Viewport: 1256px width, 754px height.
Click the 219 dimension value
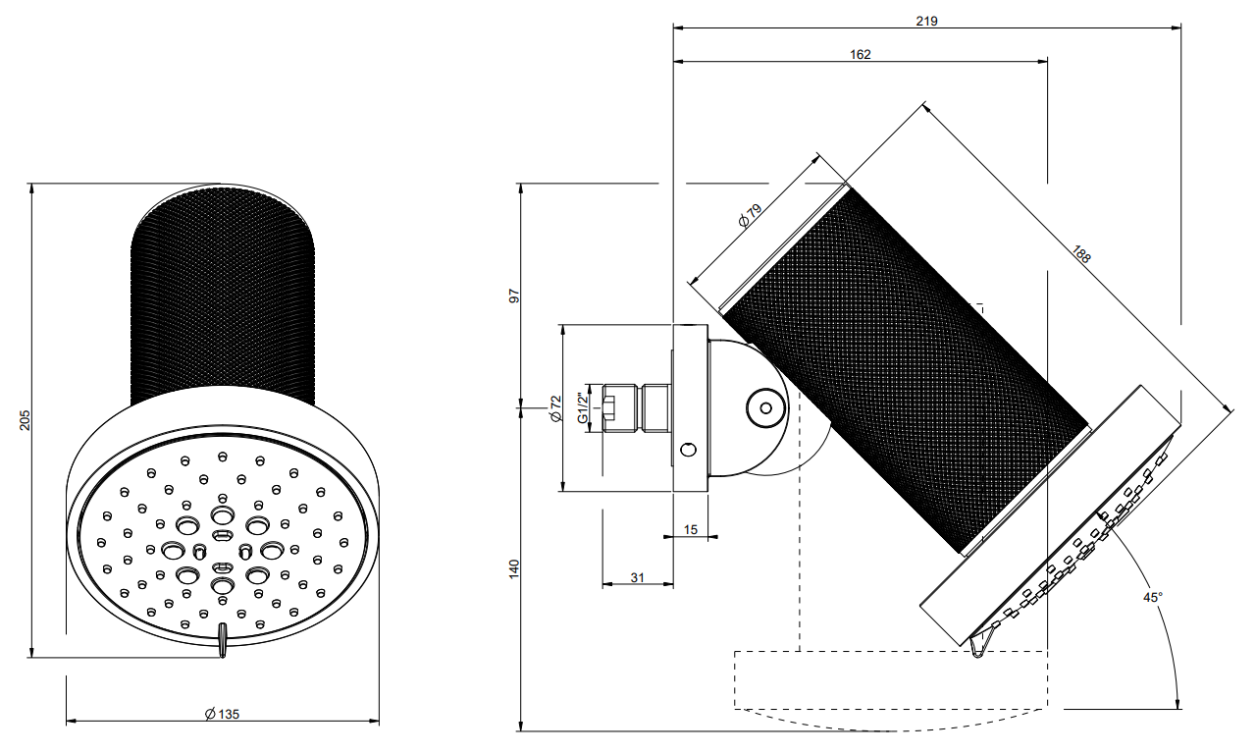point(926,21)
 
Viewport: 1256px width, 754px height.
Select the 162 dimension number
point(861,54)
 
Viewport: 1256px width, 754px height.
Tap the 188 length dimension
point(1081,254)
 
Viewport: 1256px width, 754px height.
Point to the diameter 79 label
point(751,215)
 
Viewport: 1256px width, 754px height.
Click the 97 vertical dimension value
point(514,296)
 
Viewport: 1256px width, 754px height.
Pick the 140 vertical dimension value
point(514,568)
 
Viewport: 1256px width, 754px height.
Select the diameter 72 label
point(555,409)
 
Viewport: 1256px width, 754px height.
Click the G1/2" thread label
point(583,408)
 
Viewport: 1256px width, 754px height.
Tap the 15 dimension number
point(690,529)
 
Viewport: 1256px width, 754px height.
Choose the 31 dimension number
point(637,577)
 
